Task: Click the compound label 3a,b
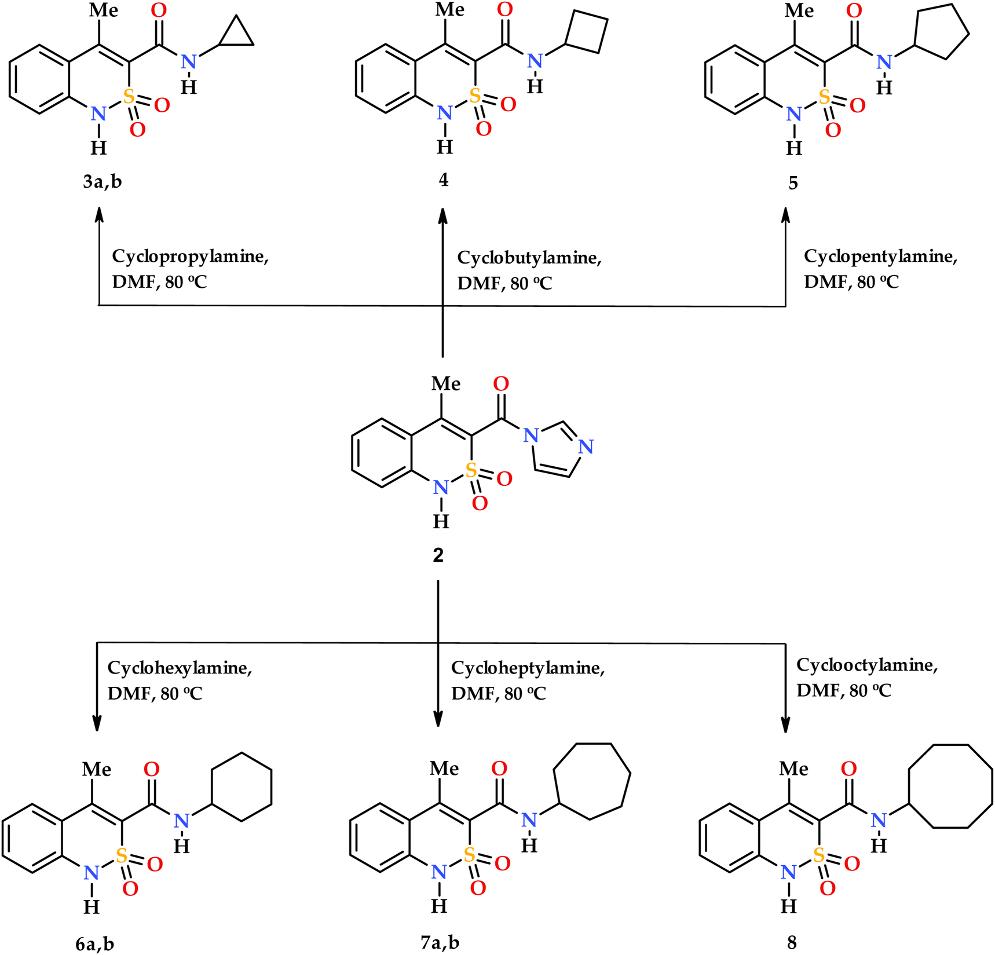pos(103,182)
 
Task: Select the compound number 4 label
pos(443,180)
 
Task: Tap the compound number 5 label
pos(793,184)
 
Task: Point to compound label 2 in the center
pos(438,555)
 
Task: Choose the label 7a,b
pos(440,942)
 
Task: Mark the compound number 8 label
pos(792,943)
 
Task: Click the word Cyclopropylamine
pos(190,257)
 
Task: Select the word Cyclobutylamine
pos(529,258)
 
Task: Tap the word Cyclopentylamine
pos(880,257)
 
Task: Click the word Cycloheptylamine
pos(528,668)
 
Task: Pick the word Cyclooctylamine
pos(867,665)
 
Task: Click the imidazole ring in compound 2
pos(556,449)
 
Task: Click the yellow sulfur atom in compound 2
pos(471,470)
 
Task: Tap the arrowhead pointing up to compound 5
pos(785,215)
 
